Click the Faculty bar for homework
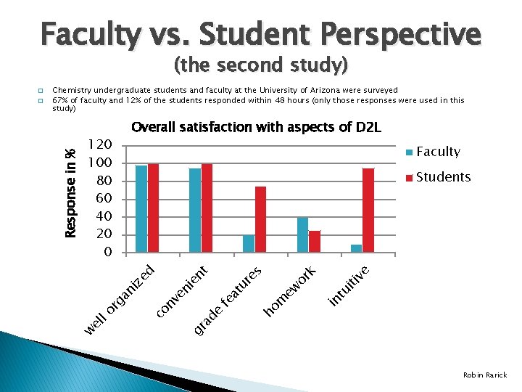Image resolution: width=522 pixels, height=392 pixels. pos(302,234)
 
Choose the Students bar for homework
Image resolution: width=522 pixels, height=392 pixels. pos(315,241)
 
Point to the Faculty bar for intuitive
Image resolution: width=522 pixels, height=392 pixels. pos(356,248)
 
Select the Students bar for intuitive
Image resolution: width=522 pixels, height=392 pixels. pos(368,210)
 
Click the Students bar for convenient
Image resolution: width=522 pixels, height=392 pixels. pos(207,208)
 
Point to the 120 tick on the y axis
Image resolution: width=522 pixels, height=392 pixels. pos(100,144)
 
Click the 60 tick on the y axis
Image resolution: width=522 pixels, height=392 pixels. pos(104,199)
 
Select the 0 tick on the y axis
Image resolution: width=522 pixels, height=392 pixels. pos(108,253)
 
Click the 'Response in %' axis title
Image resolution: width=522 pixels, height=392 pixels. pos(71,192)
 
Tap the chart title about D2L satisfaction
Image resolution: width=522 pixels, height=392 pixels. pos(256,128)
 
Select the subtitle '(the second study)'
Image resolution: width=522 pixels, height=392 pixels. pos(261,65)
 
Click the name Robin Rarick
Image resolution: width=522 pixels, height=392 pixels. pos(485,375)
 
